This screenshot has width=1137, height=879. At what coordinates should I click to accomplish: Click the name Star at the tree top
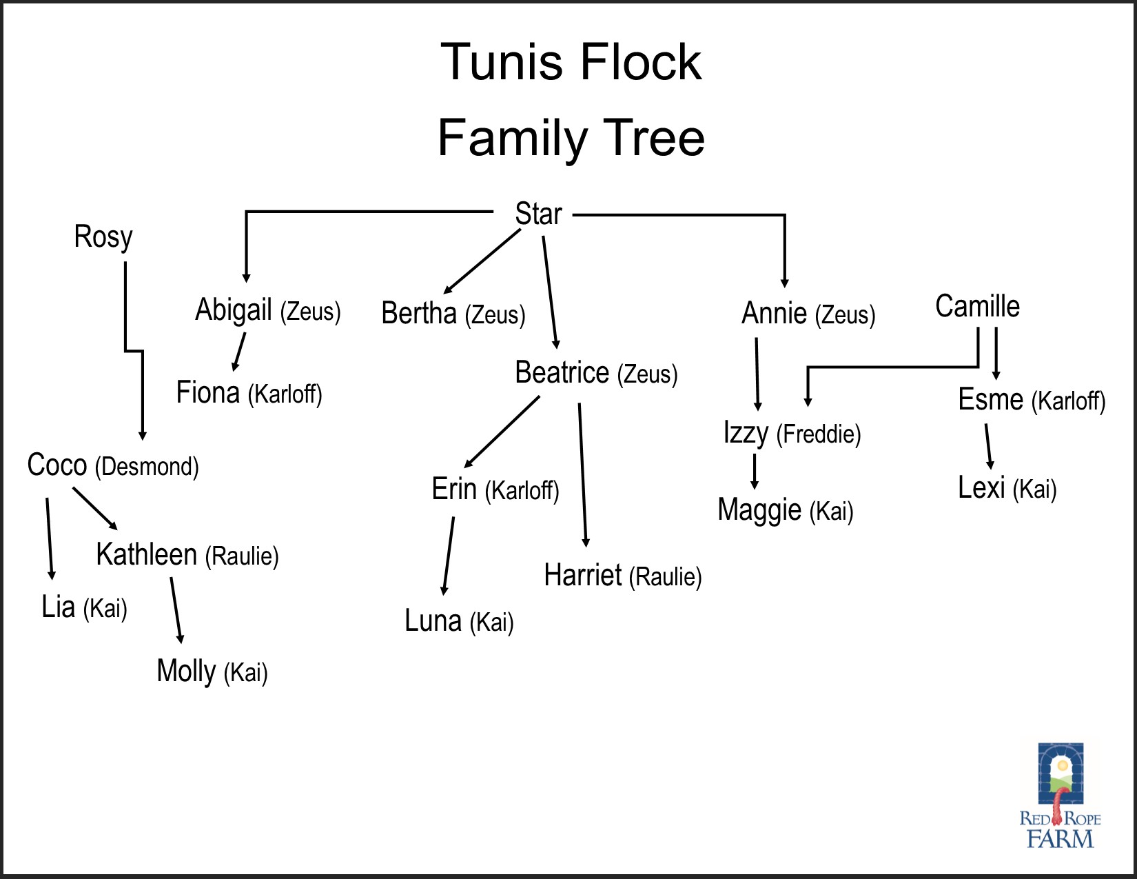(538, 214)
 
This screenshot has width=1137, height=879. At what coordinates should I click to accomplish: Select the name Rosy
(103, 238)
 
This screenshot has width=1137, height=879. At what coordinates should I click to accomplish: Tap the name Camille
(977, 307)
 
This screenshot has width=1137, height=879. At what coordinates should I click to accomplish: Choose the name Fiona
(207, 393)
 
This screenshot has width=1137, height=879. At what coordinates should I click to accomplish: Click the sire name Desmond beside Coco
(147, 467)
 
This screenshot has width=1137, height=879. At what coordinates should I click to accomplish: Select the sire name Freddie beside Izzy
(819, 434)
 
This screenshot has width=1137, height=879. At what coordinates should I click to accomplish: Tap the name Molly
(186, 671)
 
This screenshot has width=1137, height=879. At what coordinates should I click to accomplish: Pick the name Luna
(433, 621)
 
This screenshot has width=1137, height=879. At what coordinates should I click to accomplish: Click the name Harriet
(582, 576)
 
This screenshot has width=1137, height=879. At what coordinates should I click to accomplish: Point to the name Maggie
(759, 511)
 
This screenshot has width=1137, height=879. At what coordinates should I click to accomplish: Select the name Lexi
(981, 488)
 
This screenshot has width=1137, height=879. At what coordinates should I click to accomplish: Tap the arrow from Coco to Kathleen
(95, 509)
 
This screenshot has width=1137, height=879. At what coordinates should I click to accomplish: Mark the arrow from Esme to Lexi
(989, 446)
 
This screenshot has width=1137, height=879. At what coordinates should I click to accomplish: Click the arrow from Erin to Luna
(449, 556)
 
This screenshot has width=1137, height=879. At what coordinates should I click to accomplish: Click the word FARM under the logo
(1060, 839)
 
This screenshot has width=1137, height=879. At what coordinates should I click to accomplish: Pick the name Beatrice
(562, 373)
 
